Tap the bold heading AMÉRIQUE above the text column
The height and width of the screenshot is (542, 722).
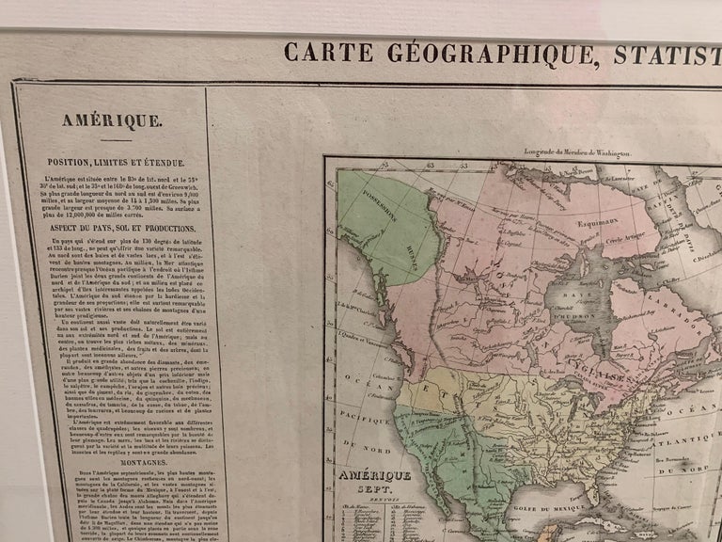(112, 120)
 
